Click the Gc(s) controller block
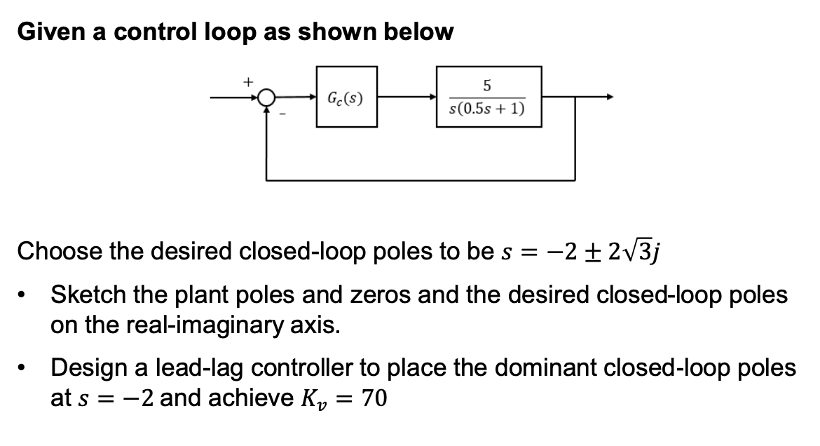(x=346, y=97)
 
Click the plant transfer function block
(x=488, y=97)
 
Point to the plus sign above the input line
(x=247, y=82)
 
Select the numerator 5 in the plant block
(x=488, y=86)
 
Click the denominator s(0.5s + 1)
(x=488, y=110)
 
